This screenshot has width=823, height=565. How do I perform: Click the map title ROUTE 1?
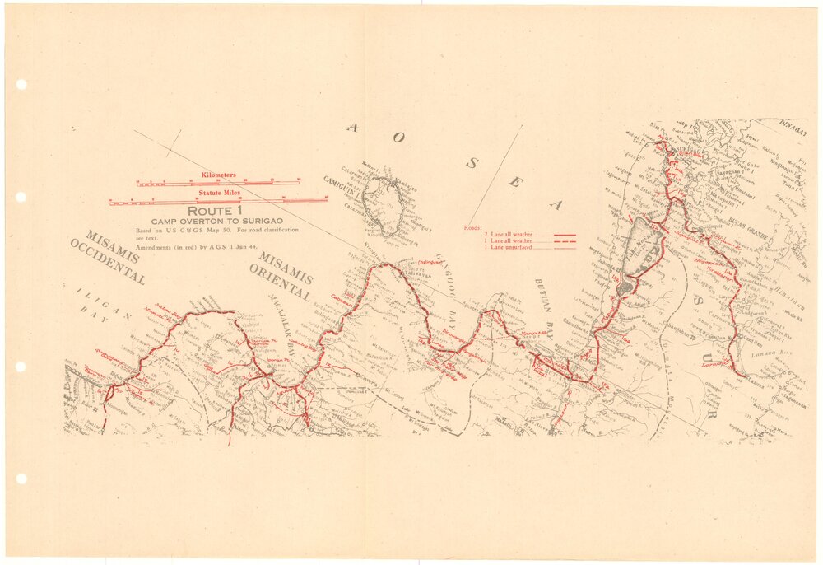coord(210,212)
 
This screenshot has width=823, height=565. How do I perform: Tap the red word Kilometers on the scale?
coord(218,175)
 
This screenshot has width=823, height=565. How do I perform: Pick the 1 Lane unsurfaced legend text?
coord(508,247)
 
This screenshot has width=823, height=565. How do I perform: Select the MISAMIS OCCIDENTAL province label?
coord(107,255)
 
